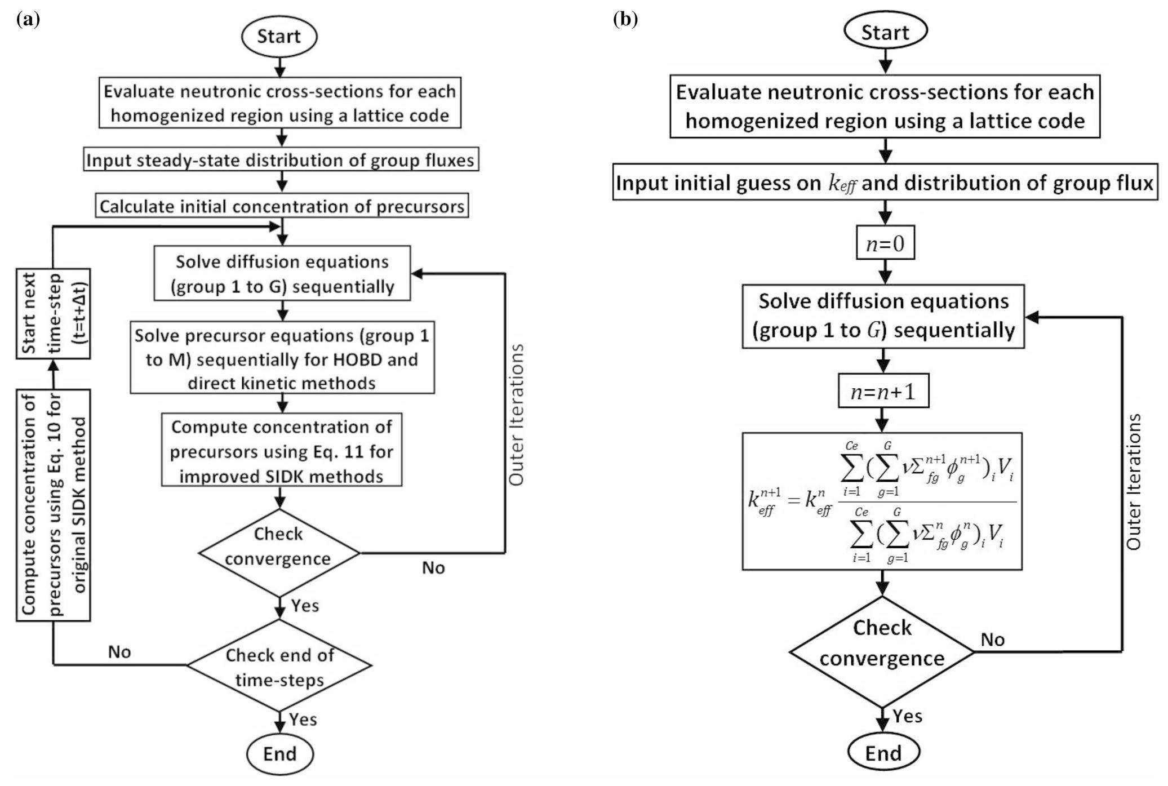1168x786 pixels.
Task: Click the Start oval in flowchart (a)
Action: click(279, 36)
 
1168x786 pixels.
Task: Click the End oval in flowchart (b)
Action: click(883, 753)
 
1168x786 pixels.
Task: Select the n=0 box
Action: click(885, 243)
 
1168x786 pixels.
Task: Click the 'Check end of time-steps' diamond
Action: click(279, 666)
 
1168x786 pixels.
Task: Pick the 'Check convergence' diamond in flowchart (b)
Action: click(882, 652)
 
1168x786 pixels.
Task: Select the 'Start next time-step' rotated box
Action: click(54, 313)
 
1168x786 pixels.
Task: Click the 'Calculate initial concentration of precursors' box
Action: click(282, 206)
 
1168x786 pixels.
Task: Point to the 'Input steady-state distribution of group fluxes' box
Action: click(281, 161)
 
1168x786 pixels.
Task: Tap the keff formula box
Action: click(882, 501)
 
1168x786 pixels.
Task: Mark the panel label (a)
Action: click(28, 20)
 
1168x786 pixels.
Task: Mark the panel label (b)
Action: click(624, 20)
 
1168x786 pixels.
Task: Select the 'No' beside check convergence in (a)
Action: click(433, 567)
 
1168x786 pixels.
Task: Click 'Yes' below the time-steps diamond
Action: click(303, 720)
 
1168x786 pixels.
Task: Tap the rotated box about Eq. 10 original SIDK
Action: click(54, 504)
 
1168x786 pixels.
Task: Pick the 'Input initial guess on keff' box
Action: click(885, 183)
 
